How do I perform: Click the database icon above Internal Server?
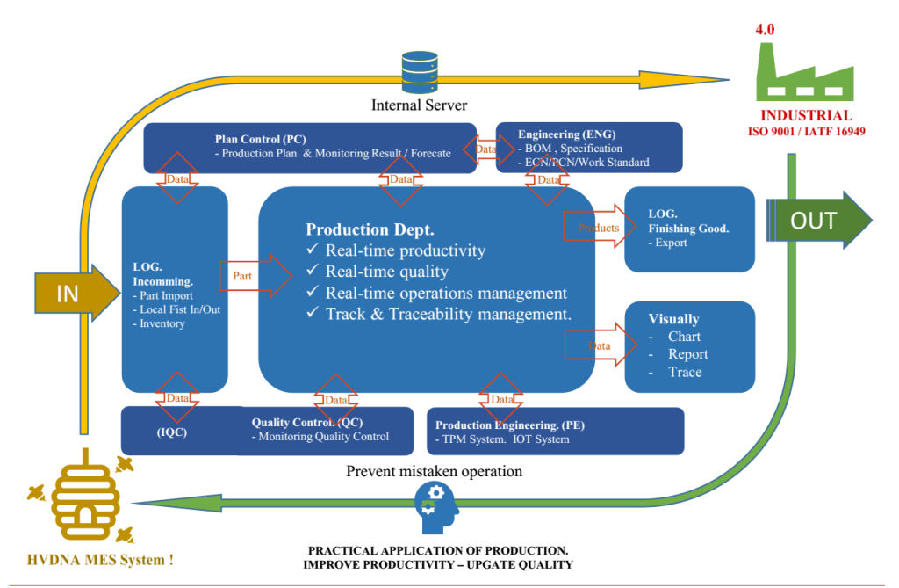(x=420, y=72)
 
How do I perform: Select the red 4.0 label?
(x=765, y=29)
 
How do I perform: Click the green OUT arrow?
(x=819, y=221)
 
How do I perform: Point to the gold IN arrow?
(x=77, y=293)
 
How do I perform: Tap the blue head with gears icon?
(x=436, y=507)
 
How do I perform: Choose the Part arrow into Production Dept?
(x=255, y=276)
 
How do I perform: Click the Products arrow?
(x=600, y=227)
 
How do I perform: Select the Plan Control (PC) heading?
(x=260, y=139)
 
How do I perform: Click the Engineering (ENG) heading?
(x=566, y=134)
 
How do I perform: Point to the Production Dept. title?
(x=370, y=229)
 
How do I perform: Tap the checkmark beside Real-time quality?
(x=313, y=269)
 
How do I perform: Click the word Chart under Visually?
(x=684, y=337)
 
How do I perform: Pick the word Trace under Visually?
(x=685, y=372)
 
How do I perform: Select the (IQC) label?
(x=172, y=432)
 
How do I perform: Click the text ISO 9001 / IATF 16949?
(x=806, y=132)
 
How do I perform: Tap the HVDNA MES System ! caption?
(x=100, y=560)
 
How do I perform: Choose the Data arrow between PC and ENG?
(x=488, y=149)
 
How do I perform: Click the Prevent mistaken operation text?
(x=434, y=471)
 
